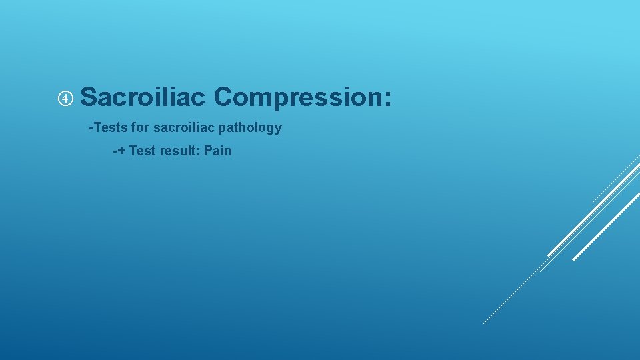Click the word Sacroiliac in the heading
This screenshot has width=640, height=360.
point(142,97)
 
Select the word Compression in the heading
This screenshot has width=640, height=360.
point(295,97)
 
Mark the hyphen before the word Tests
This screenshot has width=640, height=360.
point(91,127)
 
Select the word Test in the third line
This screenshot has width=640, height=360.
point(141,151)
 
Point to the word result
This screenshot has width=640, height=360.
point(177,151)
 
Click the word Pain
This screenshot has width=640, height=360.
point(218,151)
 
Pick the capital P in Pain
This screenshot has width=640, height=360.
point(209,151)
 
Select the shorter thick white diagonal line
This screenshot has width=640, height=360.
point(606,227)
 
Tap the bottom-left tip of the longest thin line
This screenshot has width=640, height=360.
point(485,323)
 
